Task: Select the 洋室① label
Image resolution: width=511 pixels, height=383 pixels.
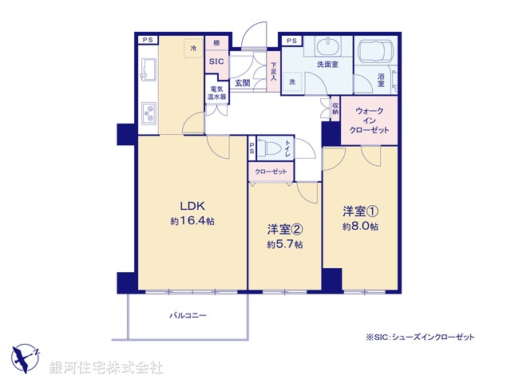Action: pos(360,211)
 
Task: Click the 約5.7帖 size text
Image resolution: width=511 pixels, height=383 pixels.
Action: pos(284,244)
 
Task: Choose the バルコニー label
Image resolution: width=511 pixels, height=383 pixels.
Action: pos(188,316)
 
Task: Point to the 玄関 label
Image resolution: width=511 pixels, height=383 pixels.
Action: pos(243,82)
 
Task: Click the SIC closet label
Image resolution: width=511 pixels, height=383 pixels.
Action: pos(216,61)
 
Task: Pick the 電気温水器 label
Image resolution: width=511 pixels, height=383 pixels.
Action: pos(216,93)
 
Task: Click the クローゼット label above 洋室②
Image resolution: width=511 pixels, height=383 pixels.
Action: pos(271,172)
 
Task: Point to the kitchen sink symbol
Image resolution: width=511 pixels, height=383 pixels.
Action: pos(148,70)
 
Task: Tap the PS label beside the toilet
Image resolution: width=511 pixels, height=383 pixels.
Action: pos(252,148)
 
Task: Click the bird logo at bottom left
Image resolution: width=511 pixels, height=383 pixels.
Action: pos(26,357)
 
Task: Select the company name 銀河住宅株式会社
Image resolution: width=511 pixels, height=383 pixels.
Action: pos(107,368)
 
